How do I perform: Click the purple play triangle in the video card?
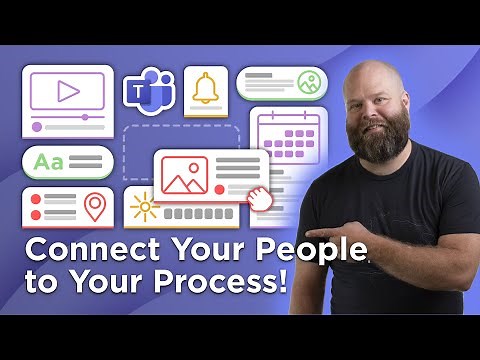pyautogui.click(x=68, y=93)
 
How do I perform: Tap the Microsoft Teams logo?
pyautogui.click(x=149, y=92)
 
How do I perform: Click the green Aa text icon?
pyautogui.click(x=48, y=160)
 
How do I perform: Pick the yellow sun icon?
pyautogui.click(x=146, y=207)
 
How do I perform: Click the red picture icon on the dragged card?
pyautogui.click(x=184, y=175)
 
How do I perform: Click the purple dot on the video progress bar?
pyautogui.click(x=37, y=127)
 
